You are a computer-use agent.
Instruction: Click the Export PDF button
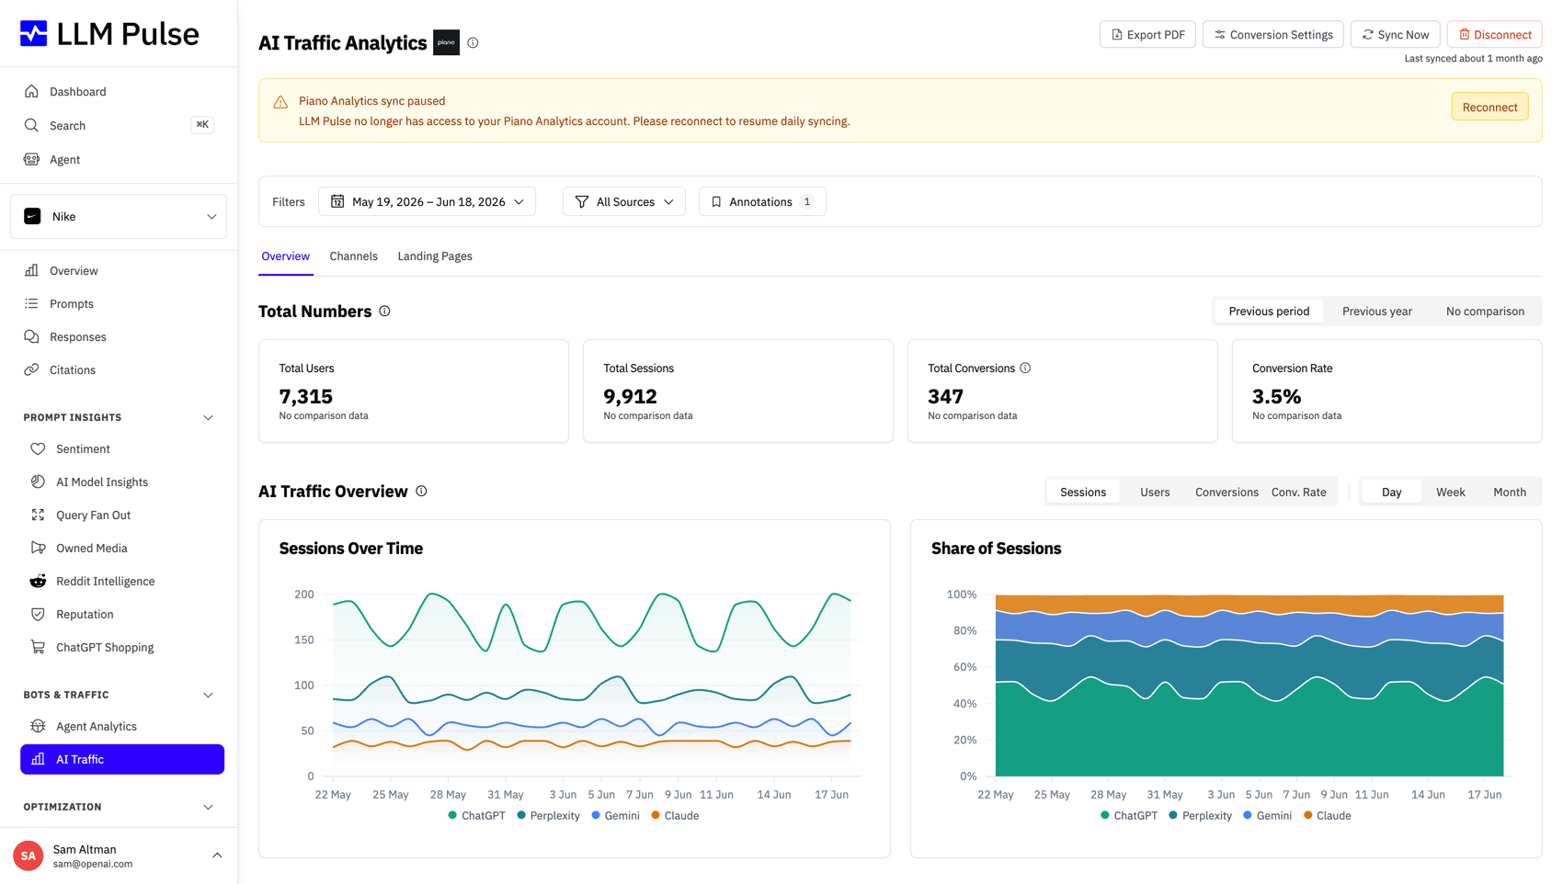click(1147, 34)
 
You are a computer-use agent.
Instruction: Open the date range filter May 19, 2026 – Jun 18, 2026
click(427, 201)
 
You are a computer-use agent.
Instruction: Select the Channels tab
click(353, 255)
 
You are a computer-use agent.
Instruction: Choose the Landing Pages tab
click(435, 255)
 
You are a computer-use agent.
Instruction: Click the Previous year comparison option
click(1376, 311)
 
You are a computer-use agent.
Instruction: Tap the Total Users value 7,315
click(305, 396)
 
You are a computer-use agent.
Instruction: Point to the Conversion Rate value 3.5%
click(1276, 396)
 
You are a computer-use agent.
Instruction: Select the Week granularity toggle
click(1450, 492)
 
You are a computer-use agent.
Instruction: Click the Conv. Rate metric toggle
click(1298, 492)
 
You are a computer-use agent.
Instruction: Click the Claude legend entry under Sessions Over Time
click(675, 815)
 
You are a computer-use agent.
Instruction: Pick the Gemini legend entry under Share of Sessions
click(1267, 815)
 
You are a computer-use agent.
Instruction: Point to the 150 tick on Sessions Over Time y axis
click(304, 640)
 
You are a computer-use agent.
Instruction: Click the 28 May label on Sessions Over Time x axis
click(447, 794)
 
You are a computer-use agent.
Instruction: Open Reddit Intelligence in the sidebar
click(106, 581)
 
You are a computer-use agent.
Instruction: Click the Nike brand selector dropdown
click(119, 216)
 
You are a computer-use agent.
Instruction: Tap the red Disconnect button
click(1495, 34)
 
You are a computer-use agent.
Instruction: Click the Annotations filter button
click(762, 201)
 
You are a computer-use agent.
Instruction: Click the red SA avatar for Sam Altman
click(28, 856)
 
